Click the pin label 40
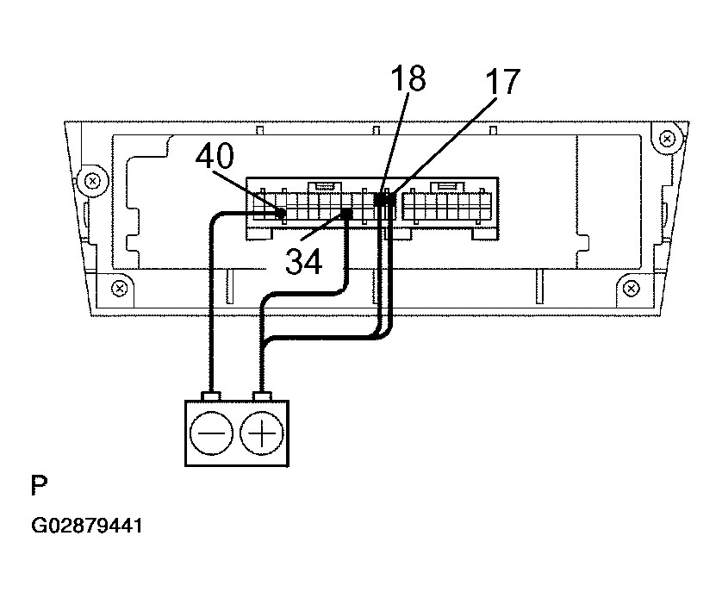pos(215,156)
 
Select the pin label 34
pos(304,261)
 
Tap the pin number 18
pos(408,78)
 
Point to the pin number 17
pos(503,82)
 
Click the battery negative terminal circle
pos(211,433)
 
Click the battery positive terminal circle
pos(262,433)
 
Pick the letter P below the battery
pos(39,485)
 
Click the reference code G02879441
pos(86,526)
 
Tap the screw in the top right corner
pos(667,139)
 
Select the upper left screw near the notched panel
pos(92,181)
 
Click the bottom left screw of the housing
pos(120,289)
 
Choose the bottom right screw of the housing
pos(631,289)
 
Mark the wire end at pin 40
pos(280,213)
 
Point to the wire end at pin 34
pos(347,213)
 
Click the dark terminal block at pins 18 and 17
pos(384,199)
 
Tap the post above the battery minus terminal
pos(211,396)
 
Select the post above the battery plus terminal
pos(262,396)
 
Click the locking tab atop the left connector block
pos(325,186)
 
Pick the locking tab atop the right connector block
pos(447,186)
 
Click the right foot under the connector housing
pos(485,234)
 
